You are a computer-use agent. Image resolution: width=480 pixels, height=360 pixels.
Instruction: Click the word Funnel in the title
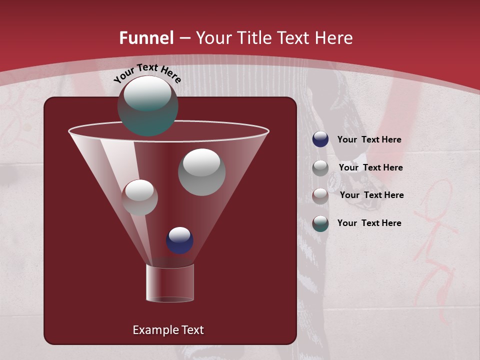146,38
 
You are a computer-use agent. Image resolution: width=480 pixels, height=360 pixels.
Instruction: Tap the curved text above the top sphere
147,73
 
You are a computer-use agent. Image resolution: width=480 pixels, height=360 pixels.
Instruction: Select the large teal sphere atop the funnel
147,105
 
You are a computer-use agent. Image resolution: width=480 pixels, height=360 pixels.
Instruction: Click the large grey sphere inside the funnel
201,172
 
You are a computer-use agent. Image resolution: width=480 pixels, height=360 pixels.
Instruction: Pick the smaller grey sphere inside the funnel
139,197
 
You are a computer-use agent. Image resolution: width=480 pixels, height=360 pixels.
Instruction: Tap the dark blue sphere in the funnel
179,240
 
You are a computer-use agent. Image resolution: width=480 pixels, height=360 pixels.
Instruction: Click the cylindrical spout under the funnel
169,283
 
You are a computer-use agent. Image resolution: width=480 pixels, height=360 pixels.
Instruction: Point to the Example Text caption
168,330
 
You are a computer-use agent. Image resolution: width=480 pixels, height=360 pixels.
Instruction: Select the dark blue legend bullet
320,139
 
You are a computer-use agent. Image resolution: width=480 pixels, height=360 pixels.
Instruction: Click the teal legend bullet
320,223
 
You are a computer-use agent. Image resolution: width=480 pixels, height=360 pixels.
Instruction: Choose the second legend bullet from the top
320,168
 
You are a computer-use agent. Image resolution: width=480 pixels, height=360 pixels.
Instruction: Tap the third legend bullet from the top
320,196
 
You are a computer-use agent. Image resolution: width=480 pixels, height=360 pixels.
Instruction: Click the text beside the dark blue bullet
369,140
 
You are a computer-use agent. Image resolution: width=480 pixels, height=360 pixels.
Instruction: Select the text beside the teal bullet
369,223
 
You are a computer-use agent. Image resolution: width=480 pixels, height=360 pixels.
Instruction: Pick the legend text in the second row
370,167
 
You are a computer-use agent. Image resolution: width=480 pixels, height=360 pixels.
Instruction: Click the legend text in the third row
371,195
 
